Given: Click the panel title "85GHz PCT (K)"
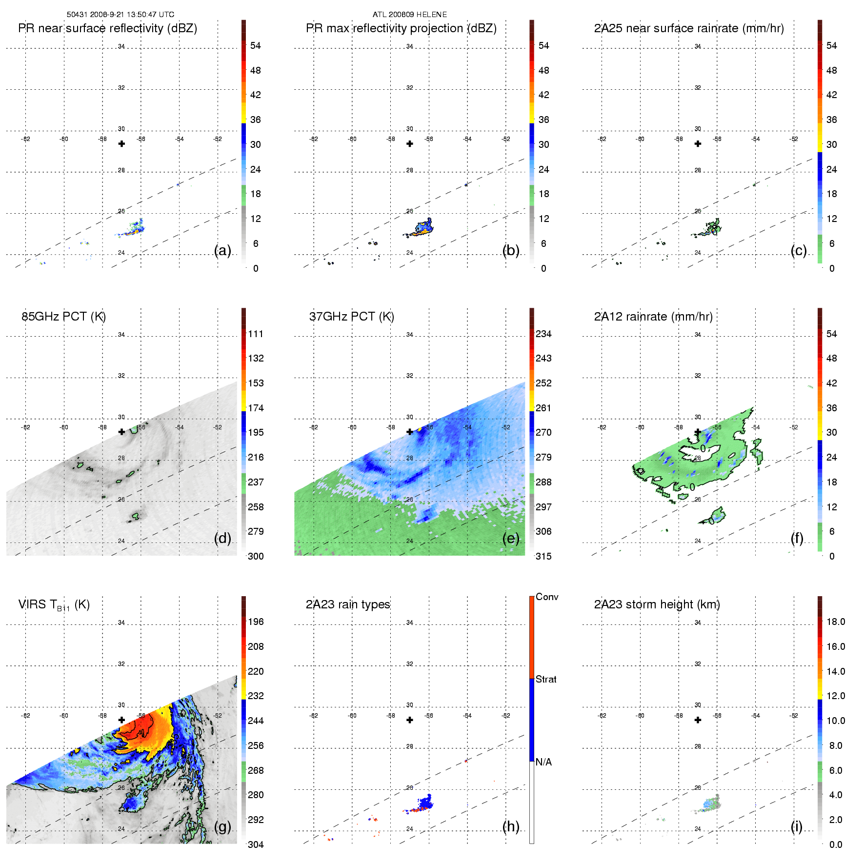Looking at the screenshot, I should click(63, 317).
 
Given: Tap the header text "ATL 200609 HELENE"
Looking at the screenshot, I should click(410, 15).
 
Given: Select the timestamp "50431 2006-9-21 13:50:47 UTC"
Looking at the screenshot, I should click(121, 15).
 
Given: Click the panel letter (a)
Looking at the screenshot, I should click(222, 250).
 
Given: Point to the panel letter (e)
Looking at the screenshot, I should click(511, 538).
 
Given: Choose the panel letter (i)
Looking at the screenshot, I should click(796, 826).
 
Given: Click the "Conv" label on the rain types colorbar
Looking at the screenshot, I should click(547, 597).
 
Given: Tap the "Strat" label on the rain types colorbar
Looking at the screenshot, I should click(546, 679).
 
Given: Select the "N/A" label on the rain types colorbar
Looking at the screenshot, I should click(543, 762).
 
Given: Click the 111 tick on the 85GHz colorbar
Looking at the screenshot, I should click(256, 334).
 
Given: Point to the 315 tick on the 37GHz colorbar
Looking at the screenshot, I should click(543, 556).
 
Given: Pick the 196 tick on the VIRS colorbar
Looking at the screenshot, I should click(256, 622).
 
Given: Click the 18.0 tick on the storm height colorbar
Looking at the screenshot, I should click(836, 622).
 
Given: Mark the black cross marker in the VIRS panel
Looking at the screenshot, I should click(121, 720).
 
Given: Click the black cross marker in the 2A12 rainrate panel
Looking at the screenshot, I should click(698, 432).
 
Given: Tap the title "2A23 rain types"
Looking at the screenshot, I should click(348, 604).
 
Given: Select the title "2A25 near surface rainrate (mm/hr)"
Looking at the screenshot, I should click(689, 28).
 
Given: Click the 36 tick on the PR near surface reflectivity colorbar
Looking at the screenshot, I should click(255, 120).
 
